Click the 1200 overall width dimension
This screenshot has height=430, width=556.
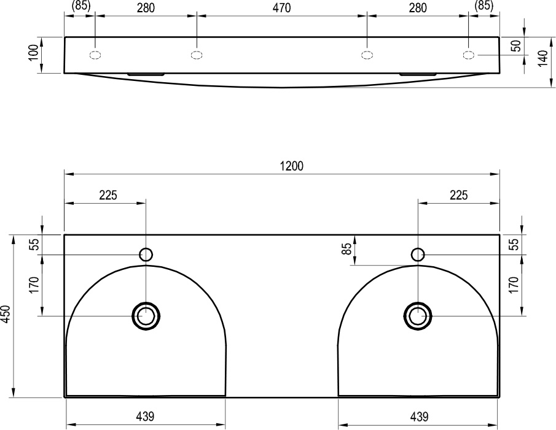coord(291,166)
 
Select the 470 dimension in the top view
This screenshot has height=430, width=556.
coord(281,8)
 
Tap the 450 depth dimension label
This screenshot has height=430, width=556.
coord(6,314)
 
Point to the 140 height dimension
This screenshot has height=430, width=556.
coord(542,58)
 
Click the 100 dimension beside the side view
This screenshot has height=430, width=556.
coord(33,53)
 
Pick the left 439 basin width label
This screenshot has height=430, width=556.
coord(146,416)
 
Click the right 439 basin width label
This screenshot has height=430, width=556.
coord(419,416)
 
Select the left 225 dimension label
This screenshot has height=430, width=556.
coord(108,195)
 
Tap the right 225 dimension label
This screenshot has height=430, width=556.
coord(458,195)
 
